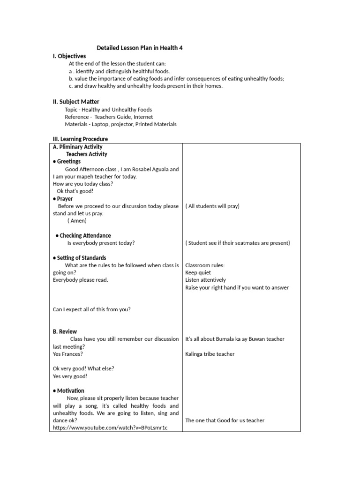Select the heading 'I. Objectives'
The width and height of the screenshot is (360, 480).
(69, 56)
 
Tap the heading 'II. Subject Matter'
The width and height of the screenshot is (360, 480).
(76, 102)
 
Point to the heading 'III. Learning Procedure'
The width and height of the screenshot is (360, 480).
(80, 139)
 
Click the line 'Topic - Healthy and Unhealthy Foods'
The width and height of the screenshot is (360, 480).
(108, 110)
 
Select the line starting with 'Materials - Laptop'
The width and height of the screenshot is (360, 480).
(120, 124)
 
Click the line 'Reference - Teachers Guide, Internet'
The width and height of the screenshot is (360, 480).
(109, 117)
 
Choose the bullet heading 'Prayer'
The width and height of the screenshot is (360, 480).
(65, 199)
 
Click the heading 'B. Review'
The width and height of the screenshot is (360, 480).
(65, 331)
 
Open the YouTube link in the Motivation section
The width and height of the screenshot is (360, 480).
(110, 428)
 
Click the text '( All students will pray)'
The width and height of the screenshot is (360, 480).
(212, 206)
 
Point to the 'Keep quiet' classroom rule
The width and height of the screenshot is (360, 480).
(198, 273)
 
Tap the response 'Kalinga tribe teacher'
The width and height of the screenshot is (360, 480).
(210, 354)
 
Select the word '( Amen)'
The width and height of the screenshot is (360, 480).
(77, 221)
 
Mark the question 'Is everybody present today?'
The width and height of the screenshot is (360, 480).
(101, 243)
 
